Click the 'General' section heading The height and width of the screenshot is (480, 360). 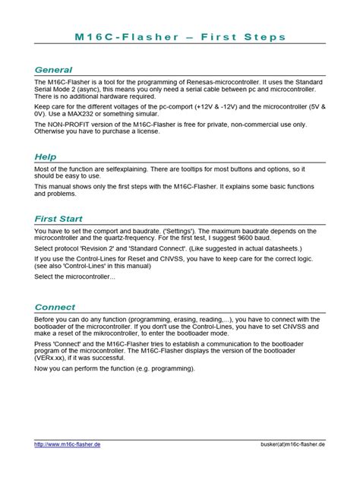click(53, 69)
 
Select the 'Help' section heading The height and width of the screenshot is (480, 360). click(46, 156)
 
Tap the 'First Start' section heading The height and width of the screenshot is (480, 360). click(59, 219)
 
